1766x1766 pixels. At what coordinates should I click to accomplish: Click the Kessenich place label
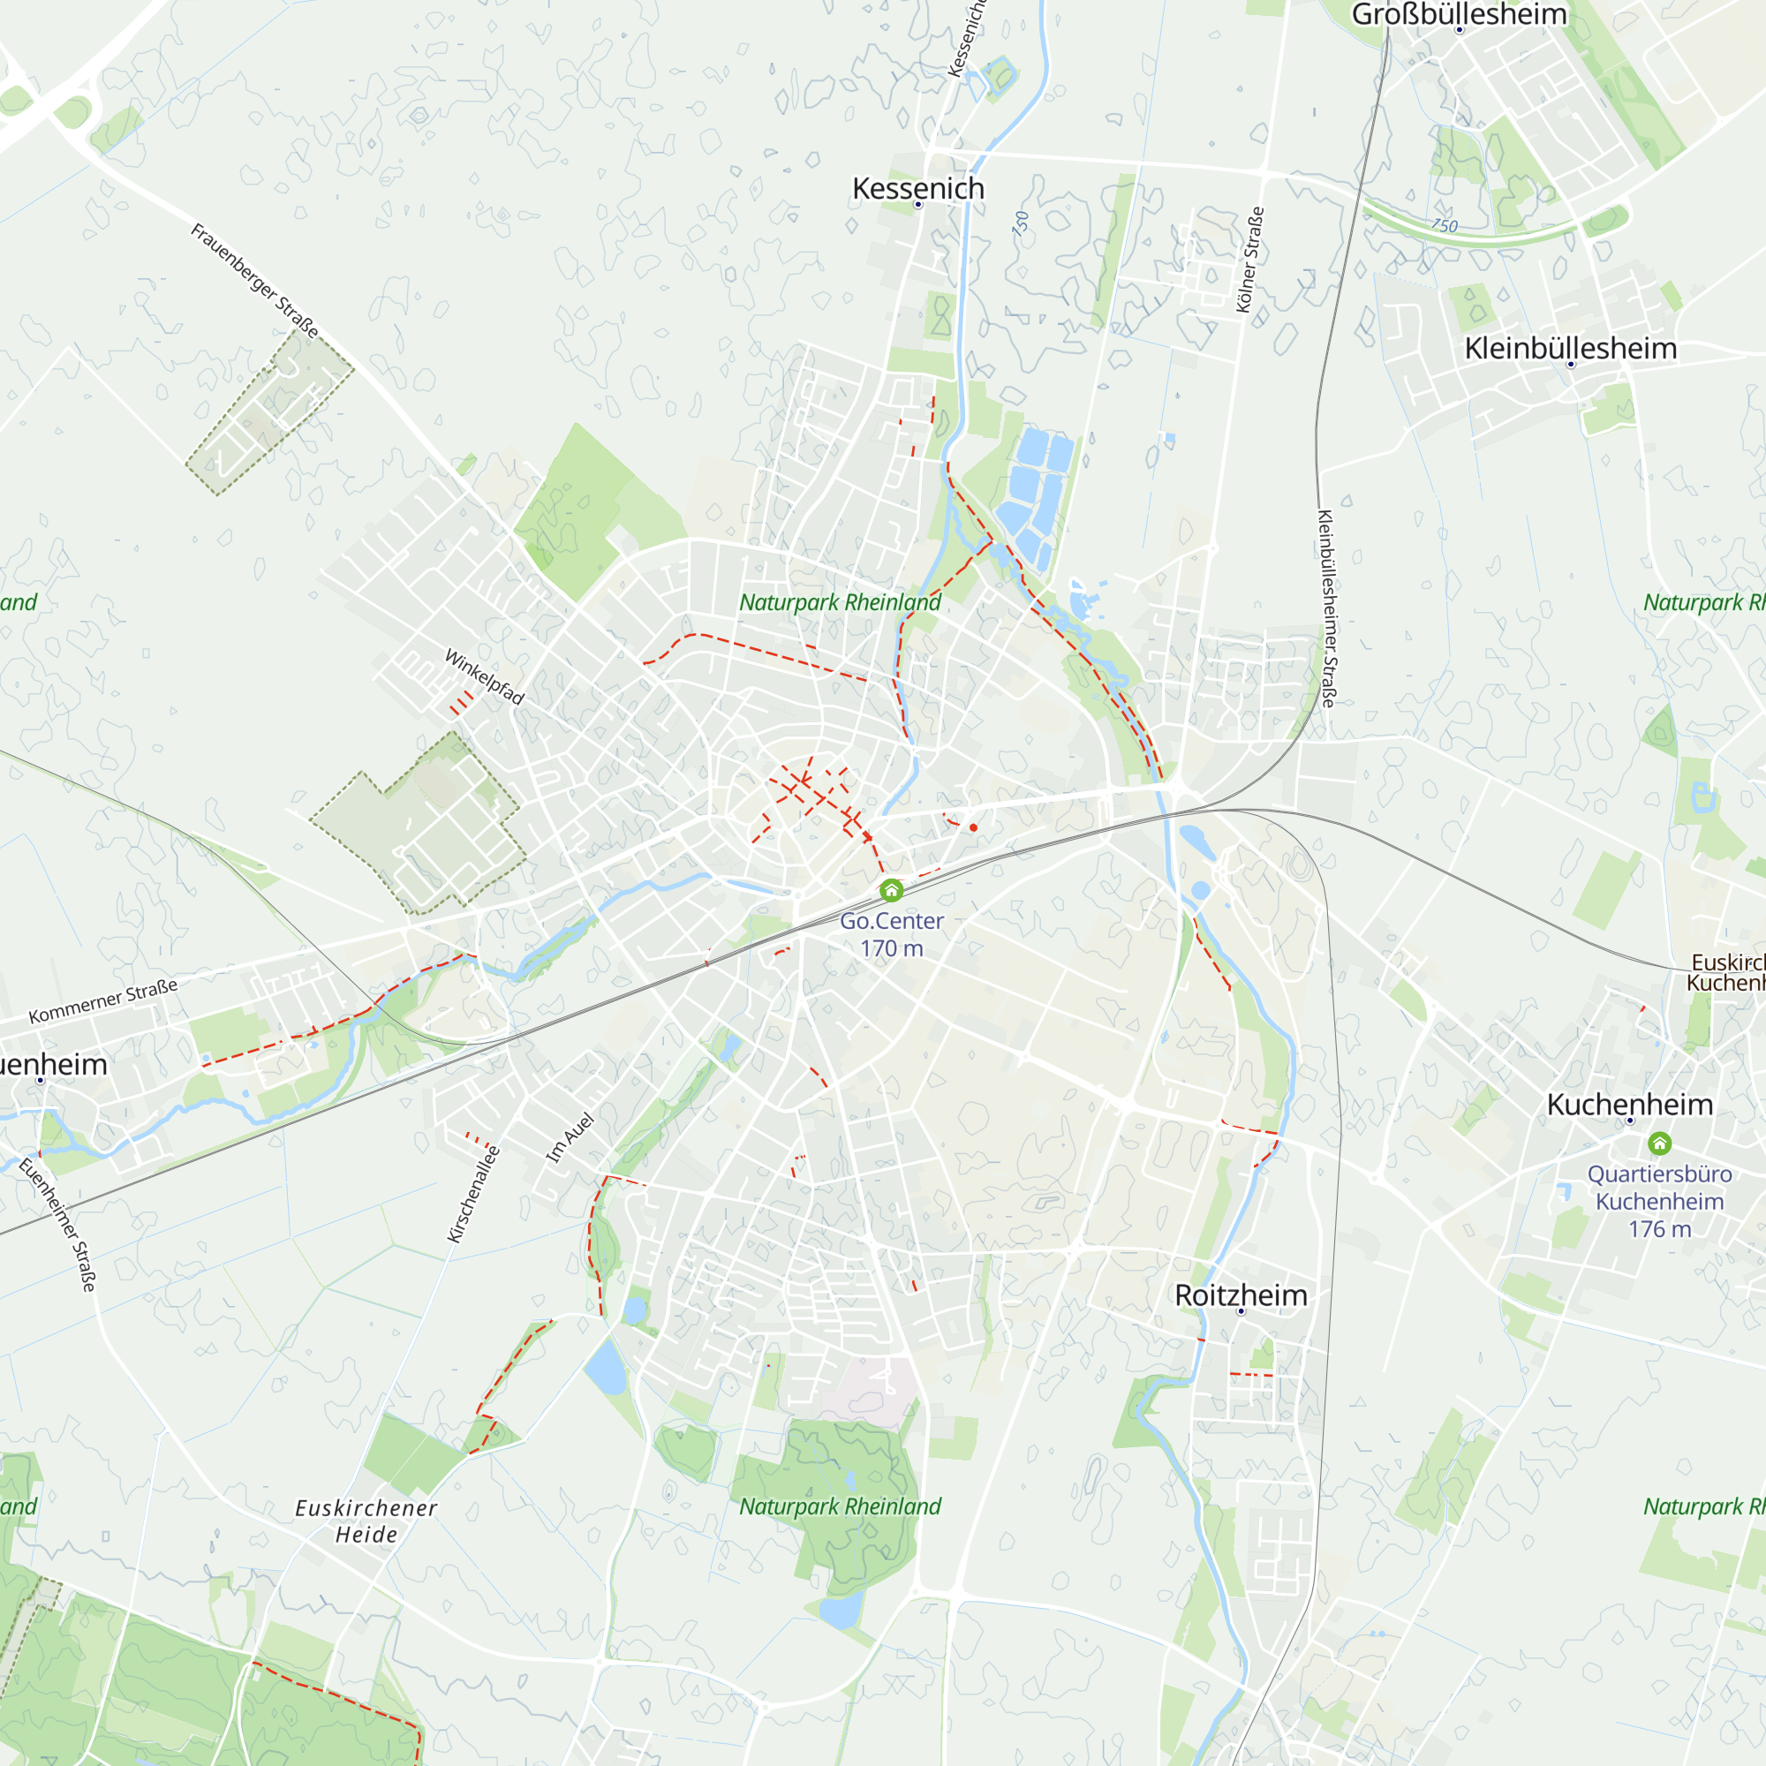click(917, 188)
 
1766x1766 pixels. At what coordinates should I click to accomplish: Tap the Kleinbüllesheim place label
click(1570, 348)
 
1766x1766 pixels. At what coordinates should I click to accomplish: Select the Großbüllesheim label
click(1459, 14)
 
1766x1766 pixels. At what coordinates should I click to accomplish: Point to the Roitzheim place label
click(1241, 1295)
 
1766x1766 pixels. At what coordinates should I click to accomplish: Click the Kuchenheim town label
click(1630, 1105)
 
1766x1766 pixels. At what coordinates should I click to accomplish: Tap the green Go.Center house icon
click(891, 890)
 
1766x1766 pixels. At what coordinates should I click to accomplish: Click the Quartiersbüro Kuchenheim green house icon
click(1660, 1143)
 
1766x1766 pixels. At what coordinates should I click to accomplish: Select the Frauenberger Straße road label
click(254, 281)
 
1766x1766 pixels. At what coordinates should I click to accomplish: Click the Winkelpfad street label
click(485, 677)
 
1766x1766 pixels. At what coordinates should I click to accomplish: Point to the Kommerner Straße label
click(103, 1002)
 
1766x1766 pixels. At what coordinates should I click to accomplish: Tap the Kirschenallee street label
click(473, 1194)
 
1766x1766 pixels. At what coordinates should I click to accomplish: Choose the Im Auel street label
click(570, 1138)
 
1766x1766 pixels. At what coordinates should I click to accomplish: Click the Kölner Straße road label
click(1249, 260)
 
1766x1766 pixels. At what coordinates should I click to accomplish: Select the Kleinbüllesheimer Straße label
click(1326, 608)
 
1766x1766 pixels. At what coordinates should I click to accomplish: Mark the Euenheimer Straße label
click(57, 1225)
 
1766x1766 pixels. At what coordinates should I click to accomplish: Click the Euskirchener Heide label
click(366, 1521)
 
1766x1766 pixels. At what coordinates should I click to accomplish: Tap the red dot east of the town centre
click(973, 827)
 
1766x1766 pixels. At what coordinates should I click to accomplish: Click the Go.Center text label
click(891, 921)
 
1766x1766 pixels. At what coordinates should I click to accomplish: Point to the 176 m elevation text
click(1659, 1229)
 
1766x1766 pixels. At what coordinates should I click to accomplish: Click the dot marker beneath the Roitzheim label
click(1241, 1312)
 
